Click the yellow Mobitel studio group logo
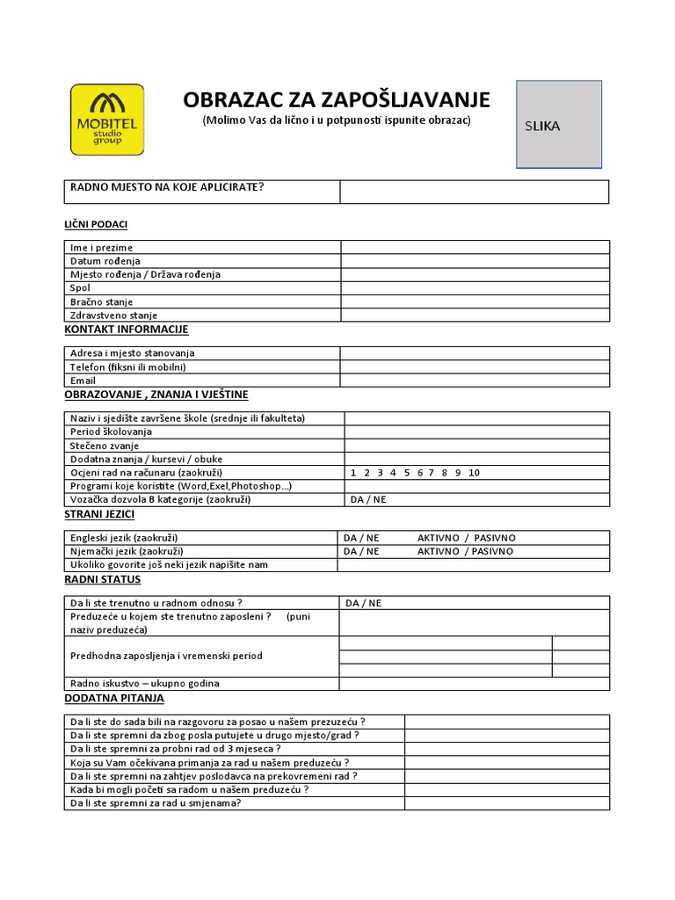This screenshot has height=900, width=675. click(107, 119)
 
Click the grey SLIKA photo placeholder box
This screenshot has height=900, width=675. click(559, 124)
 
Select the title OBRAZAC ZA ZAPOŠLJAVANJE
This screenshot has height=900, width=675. click(337, 98)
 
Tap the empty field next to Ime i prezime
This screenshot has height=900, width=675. click(475, 247)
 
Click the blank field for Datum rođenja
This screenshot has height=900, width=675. click(475, 261)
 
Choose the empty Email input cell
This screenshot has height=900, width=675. click(475, 381)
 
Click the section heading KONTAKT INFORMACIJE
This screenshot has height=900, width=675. click(127, 330)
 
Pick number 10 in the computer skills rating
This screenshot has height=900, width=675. click(475, 473)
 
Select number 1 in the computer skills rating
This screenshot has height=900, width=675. click(353, 473)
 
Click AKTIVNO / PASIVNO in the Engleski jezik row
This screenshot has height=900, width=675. click(466, 538)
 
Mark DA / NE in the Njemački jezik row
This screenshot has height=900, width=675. click(361, 551)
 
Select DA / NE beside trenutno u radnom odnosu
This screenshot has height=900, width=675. click(364, 603)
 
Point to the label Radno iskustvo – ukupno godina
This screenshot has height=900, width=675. click(145, 683)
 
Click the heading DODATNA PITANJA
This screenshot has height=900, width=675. click(114, 698)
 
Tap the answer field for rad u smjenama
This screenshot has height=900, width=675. click(506, 803)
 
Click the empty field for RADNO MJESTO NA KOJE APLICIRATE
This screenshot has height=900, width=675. click(474, 192)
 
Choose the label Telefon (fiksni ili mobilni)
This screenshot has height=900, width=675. click(128, 367)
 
